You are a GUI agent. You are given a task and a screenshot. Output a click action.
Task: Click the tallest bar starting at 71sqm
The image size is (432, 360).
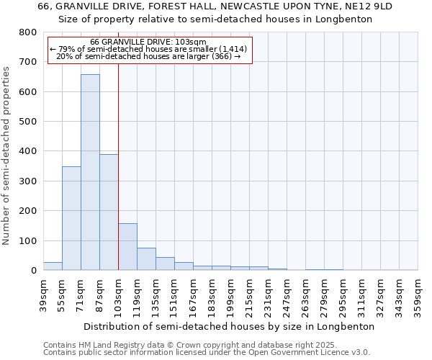(x=90, y=172)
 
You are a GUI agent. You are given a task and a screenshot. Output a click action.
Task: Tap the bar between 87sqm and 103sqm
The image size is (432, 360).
(x=109, y=212)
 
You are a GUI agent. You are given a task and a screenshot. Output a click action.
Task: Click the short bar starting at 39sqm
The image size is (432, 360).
(x=53, y=266)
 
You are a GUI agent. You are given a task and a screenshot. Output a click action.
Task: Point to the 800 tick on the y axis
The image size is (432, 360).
(x=28, y=32)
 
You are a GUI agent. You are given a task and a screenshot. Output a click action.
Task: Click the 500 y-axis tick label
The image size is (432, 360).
(x=28, y=122)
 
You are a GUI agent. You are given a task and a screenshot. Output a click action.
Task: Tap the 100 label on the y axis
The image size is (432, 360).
(x=28, y=240)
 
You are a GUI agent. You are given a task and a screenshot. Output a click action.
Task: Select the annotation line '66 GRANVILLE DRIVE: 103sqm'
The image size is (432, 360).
(x=148, y=42)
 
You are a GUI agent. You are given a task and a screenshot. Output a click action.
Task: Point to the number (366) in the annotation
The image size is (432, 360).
(x=221, y=56)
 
